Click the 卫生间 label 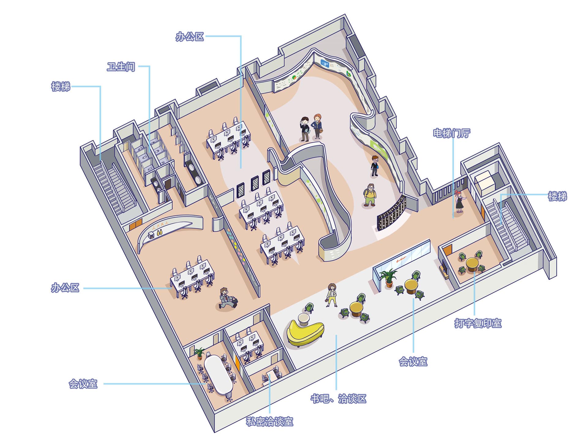pyautogui.click(x=121, y=67)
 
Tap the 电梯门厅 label pyautogui.click(x=451, y=133)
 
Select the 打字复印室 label pyautogui.click(x=478, y=323)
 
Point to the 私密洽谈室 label pyautogui.click(x=269, y=422)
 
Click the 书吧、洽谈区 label pyautogui.click(x=338, y=399)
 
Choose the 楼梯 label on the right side pyautogui.click(x=557, y=196)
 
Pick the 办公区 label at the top pyautogui.click(x=190, y=37)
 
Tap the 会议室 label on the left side pyautogui.click(x=83, y=384)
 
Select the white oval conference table pyautogui.click(x=218, y=375)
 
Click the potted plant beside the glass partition pyautogui.click(x=388, y=277)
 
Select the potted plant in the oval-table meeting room pyautogui.click(x=199, y=353)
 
